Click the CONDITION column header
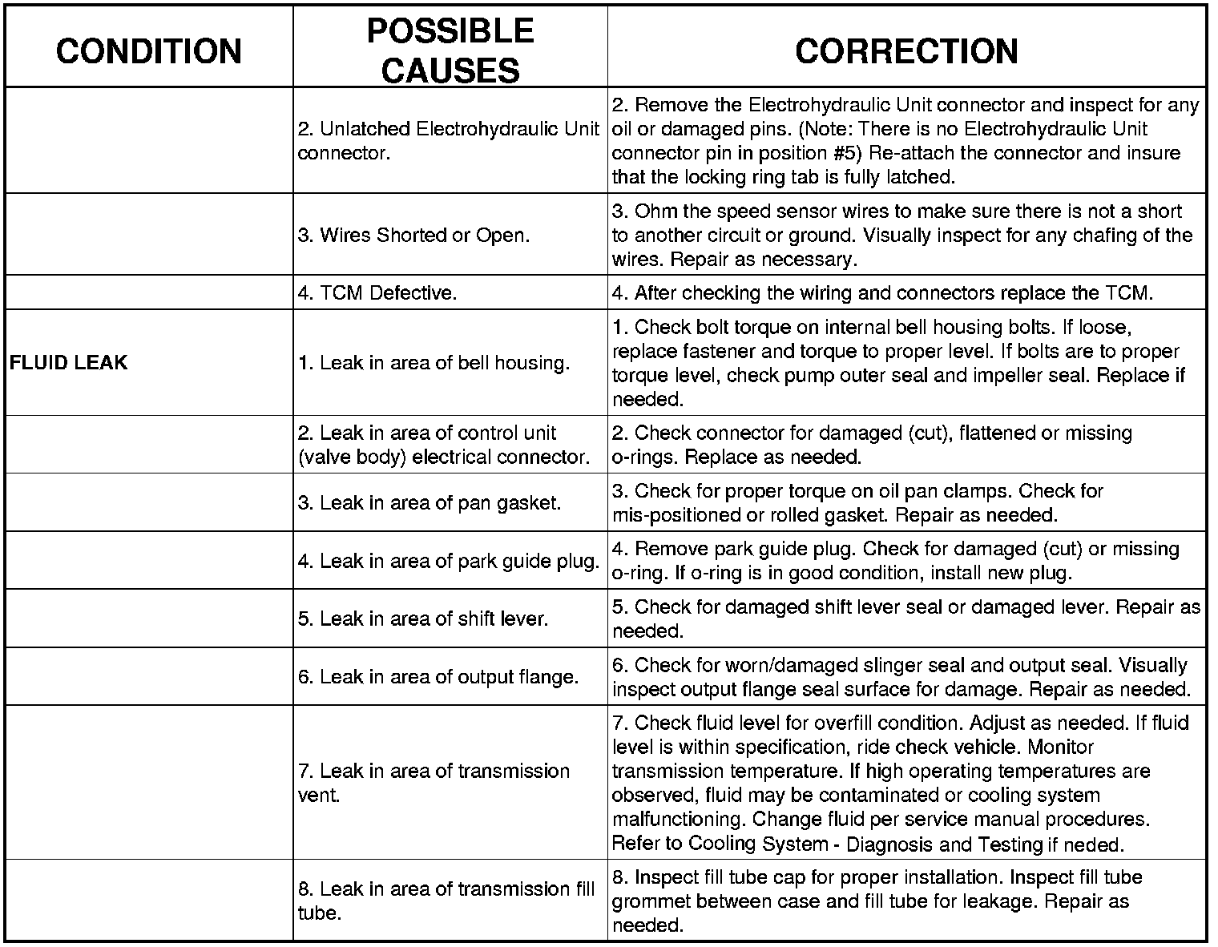(149, 50)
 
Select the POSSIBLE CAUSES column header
(450, 50)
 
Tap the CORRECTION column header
(906, 50)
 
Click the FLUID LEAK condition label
(69, 362)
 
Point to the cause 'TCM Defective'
(377, 293)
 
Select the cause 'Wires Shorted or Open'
(413, 236)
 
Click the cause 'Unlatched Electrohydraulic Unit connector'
(448, 141)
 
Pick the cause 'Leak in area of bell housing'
(434, 363)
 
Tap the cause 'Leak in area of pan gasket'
(430, 502)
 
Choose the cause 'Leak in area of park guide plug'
(449, 561)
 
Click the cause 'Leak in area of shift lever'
(423, 619)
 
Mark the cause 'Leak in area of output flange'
(438, 677)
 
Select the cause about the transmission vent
(434, 783)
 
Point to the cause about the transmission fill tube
(446, 901)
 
